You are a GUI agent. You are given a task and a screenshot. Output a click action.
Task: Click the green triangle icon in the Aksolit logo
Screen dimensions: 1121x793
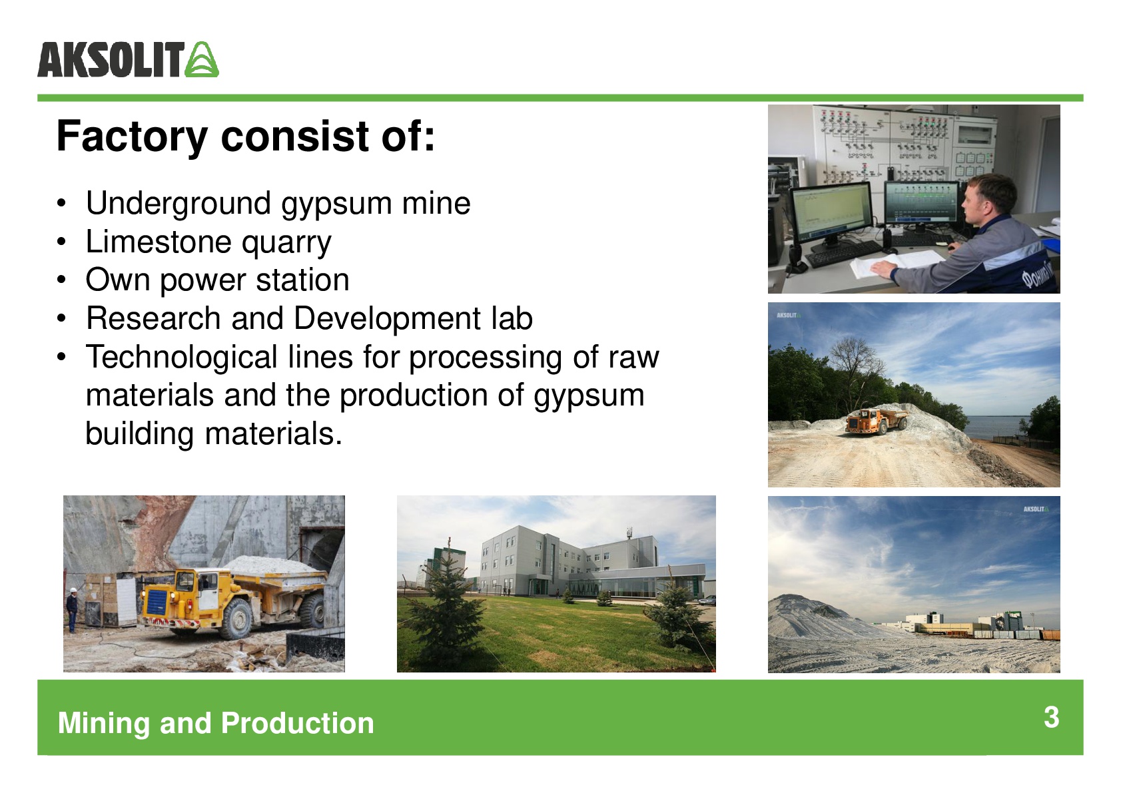tap(202, 59)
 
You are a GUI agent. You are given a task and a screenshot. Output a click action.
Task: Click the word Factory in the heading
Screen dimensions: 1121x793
tap(132, 136)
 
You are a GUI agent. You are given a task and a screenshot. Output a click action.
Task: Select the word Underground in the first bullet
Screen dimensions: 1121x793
tap(178, 204)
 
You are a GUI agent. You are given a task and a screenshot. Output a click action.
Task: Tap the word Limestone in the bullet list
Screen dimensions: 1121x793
tap(158, 242)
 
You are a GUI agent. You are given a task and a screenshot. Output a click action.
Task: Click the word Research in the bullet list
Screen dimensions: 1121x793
tap(153, 319)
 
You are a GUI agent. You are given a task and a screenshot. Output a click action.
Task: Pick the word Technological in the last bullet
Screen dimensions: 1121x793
tap(181, 358)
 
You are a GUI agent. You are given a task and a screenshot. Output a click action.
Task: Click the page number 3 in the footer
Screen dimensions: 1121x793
tap(1051, 718)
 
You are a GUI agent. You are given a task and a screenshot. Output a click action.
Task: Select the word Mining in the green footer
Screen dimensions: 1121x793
tap(104, 724)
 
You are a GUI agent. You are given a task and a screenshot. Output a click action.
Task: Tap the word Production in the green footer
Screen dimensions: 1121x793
tap(297, 723)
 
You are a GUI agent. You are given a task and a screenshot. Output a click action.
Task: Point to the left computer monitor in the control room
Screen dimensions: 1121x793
tap(831, 213)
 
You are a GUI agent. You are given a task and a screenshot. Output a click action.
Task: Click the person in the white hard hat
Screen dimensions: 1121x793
tap(73, 609)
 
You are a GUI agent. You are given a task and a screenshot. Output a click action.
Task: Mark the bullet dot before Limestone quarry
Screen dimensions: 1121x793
tap(61, 242)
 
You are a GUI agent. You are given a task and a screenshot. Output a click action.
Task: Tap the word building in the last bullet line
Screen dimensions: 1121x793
tap(139, 433)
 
